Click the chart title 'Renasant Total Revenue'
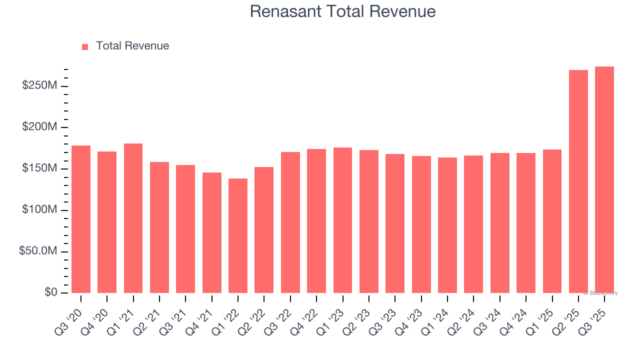tap(342, 11)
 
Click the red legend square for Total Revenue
tap(85, 46)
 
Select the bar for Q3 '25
tap(604, 180)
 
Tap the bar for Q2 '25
tap(578, 181)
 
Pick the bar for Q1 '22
tap(238, 235)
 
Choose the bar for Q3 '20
tap(81, 219)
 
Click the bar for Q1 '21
tap(133, 218)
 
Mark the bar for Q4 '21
tap(212, 232)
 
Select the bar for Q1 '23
tap(342, 220)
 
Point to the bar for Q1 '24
tap(447, 225)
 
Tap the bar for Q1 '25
tap(552, 221)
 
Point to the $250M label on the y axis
tap(39, 86)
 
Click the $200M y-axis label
tap(39, 127)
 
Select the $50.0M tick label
tap(38, 251)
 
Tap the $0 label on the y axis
tap(50, 292)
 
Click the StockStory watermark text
tap(600, 293)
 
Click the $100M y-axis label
tap(39, 210)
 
